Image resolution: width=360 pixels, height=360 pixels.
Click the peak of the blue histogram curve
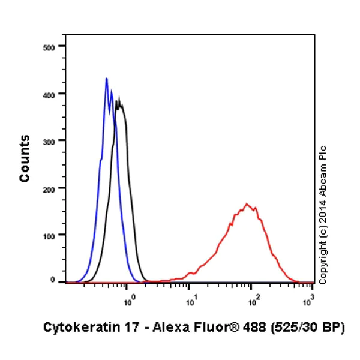click(106, 79)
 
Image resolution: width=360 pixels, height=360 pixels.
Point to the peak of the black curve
click(119, 98)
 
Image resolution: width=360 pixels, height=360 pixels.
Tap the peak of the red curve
click(247, 204)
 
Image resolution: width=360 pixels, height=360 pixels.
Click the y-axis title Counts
click(25, 158)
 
